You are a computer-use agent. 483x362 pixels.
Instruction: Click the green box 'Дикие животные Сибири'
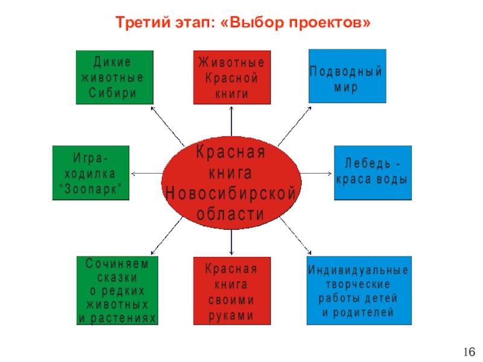tap(114, 77)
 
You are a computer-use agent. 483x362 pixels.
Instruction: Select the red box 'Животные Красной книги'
tap(232, 77)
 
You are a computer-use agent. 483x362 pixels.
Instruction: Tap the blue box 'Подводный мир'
tap(347, 77)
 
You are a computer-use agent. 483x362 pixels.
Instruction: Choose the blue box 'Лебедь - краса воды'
tap(373, 173)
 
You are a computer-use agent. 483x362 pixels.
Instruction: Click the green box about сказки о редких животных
tap(117, 290)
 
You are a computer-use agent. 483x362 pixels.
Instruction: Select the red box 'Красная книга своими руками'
tap(231, 291)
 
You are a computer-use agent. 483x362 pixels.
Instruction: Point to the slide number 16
tap(470, 352)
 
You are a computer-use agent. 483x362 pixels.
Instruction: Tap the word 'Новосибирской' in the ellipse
tap(232, 195)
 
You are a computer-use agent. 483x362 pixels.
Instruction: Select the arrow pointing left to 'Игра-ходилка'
tap(145, 174)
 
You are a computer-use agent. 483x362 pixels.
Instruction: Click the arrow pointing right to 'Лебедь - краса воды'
tap(317, 174)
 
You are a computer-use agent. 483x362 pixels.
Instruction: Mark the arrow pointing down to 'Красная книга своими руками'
tap(232, 241)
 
